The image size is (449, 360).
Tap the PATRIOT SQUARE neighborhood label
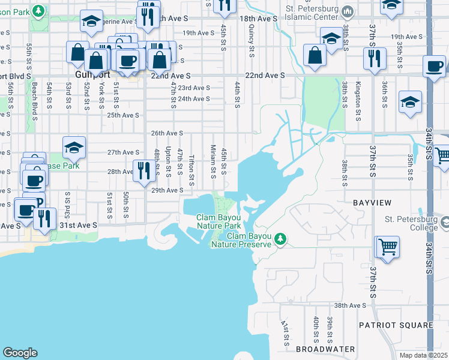[396, 325]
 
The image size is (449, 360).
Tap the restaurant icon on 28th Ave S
[143, 171]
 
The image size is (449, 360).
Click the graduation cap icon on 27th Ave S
[74, 147]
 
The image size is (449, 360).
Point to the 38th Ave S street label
[350, 305]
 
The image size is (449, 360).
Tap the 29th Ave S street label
[166, 190]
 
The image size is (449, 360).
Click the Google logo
[20, 353]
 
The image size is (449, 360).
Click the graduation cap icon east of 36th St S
[410, 101]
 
